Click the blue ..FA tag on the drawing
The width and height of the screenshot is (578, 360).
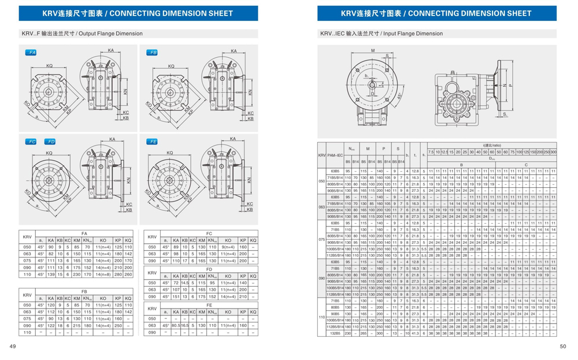pos(32,53)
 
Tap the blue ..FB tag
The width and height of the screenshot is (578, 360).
pos(152,53)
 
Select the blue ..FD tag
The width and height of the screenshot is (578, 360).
pos(50,142)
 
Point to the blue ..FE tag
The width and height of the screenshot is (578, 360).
pos(152,142)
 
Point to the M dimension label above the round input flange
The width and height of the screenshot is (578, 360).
pos(373,51)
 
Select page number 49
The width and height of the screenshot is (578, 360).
pos(12,347)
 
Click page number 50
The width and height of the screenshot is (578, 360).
pos(563,347)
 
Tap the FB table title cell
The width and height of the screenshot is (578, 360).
pos(84,292)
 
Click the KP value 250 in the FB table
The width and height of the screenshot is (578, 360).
pos(118,325)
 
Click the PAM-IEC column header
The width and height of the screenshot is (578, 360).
pos(335,156)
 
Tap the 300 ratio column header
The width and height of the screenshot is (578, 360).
pos(553,151)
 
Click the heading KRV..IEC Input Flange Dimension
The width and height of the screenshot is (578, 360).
pos(381,34)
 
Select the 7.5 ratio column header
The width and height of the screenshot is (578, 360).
pos(431,151)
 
